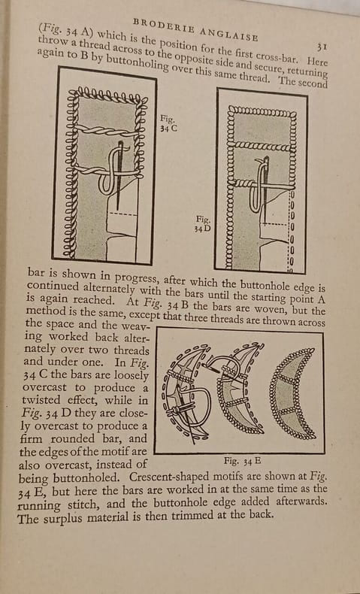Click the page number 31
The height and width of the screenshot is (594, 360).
click(322, 47)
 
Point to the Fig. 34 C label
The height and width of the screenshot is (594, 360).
click(168, 123)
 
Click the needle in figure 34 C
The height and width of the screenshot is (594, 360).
click(119, 175)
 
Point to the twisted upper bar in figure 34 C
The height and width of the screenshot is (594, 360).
click(107, 131)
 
